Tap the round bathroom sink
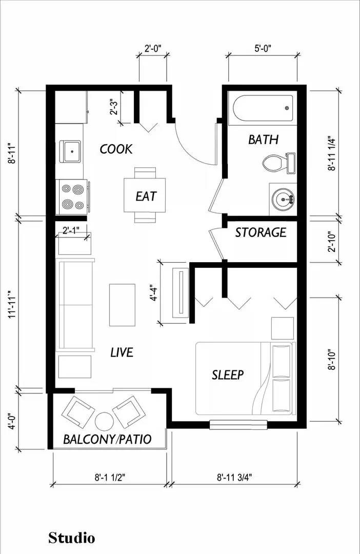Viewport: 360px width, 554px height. [283, 199]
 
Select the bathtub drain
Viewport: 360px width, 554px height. [287, 108]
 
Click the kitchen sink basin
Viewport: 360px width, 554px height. [72, 151]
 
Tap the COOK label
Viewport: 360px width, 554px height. [116, 149]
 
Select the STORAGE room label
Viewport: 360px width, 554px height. [261, 232]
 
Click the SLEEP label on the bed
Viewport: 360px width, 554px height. [228, 374]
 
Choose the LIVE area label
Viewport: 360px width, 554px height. [122, 352]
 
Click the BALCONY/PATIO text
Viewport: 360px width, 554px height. [107, 439]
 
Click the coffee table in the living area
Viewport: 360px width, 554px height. [122, 305]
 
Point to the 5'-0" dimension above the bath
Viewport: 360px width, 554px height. [263, 48]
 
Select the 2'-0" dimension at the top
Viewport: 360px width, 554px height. [153, 48]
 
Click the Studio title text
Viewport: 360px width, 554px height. [72, 538]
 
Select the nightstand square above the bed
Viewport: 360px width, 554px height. [282, 328]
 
